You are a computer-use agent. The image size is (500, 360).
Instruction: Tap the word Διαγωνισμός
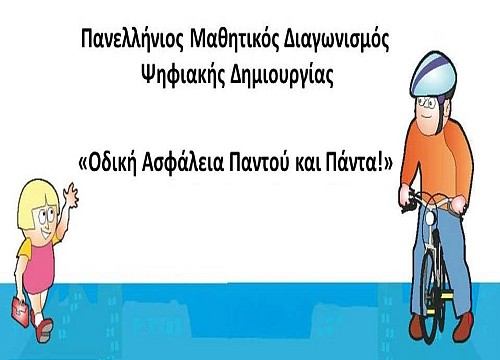[336, 41]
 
